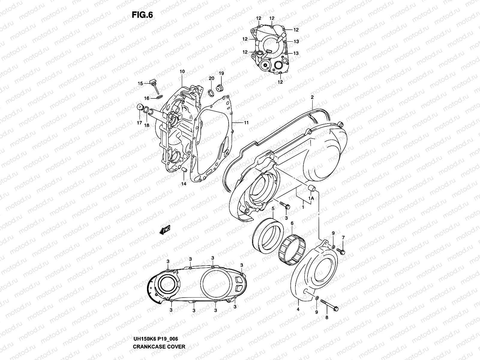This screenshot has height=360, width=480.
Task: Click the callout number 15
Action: tap(140, 84)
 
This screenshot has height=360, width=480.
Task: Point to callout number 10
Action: tap(182, 72)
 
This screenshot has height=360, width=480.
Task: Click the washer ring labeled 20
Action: tap(211, 92)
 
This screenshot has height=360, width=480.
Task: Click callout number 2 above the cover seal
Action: tap(312, 97)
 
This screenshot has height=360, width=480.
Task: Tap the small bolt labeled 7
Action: tap(341, 250)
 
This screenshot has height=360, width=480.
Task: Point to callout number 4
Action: tap(298, 309)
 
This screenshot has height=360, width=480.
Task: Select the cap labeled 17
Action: tap(139, 108)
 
